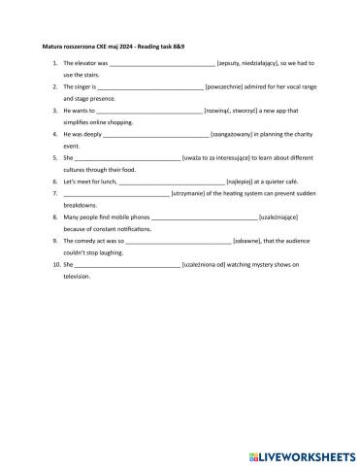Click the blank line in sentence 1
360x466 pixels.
[x=162, y=63]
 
